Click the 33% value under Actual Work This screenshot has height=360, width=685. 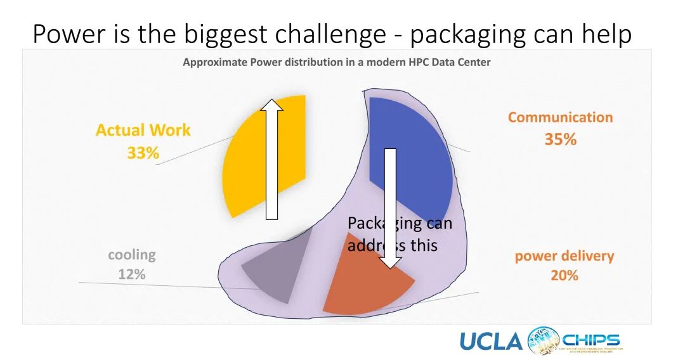[x=143, y=153]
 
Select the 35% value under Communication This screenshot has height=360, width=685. [x=560, y=139]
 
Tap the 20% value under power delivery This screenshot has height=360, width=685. [x=564, y=276]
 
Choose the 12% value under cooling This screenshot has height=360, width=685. [x=131, y=274]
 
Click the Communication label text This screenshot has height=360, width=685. [x=560, y=117]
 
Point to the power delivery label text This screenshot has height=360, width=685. [x=564, y=256]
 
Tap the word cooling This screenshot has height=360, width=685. [x=131, y=255]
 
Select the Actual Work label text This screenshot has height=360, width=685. [x=143, y=131]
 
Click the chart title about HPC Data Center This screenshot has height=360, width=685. [x=336, y=63]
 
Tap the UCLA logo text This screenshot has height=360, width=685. [x=490, y=342]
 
